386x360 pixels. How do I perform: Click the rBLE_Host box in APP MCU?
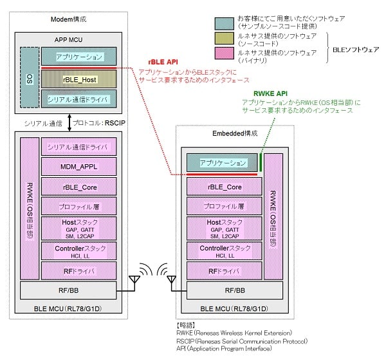click(x=80, y=79)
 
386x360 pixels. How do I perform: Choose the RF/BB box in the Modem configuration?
click(x=68, y=291)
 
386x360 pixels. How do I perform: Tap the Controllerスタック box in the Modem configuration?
click(x=80, y=251)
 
